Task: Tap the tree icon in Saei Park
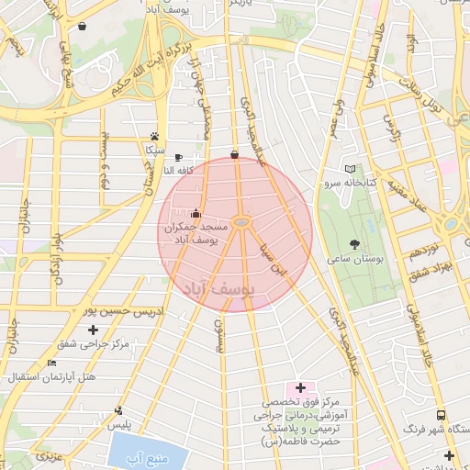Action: tap(355, 245)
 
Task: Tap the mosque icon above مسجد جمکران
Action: tap(195, 215)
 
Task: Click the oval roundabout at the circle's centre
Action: tap(241, 221)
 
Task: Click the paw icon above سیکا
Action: tap(153, 135)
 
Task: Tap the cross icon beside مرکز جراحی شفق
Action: tap(94, 329)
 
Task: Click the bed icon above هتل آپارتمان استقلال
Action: tap(52, 364)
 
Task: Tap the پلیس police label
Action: tap(118, 425)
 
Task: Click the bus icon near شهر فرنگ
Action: tap(441, 415)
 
